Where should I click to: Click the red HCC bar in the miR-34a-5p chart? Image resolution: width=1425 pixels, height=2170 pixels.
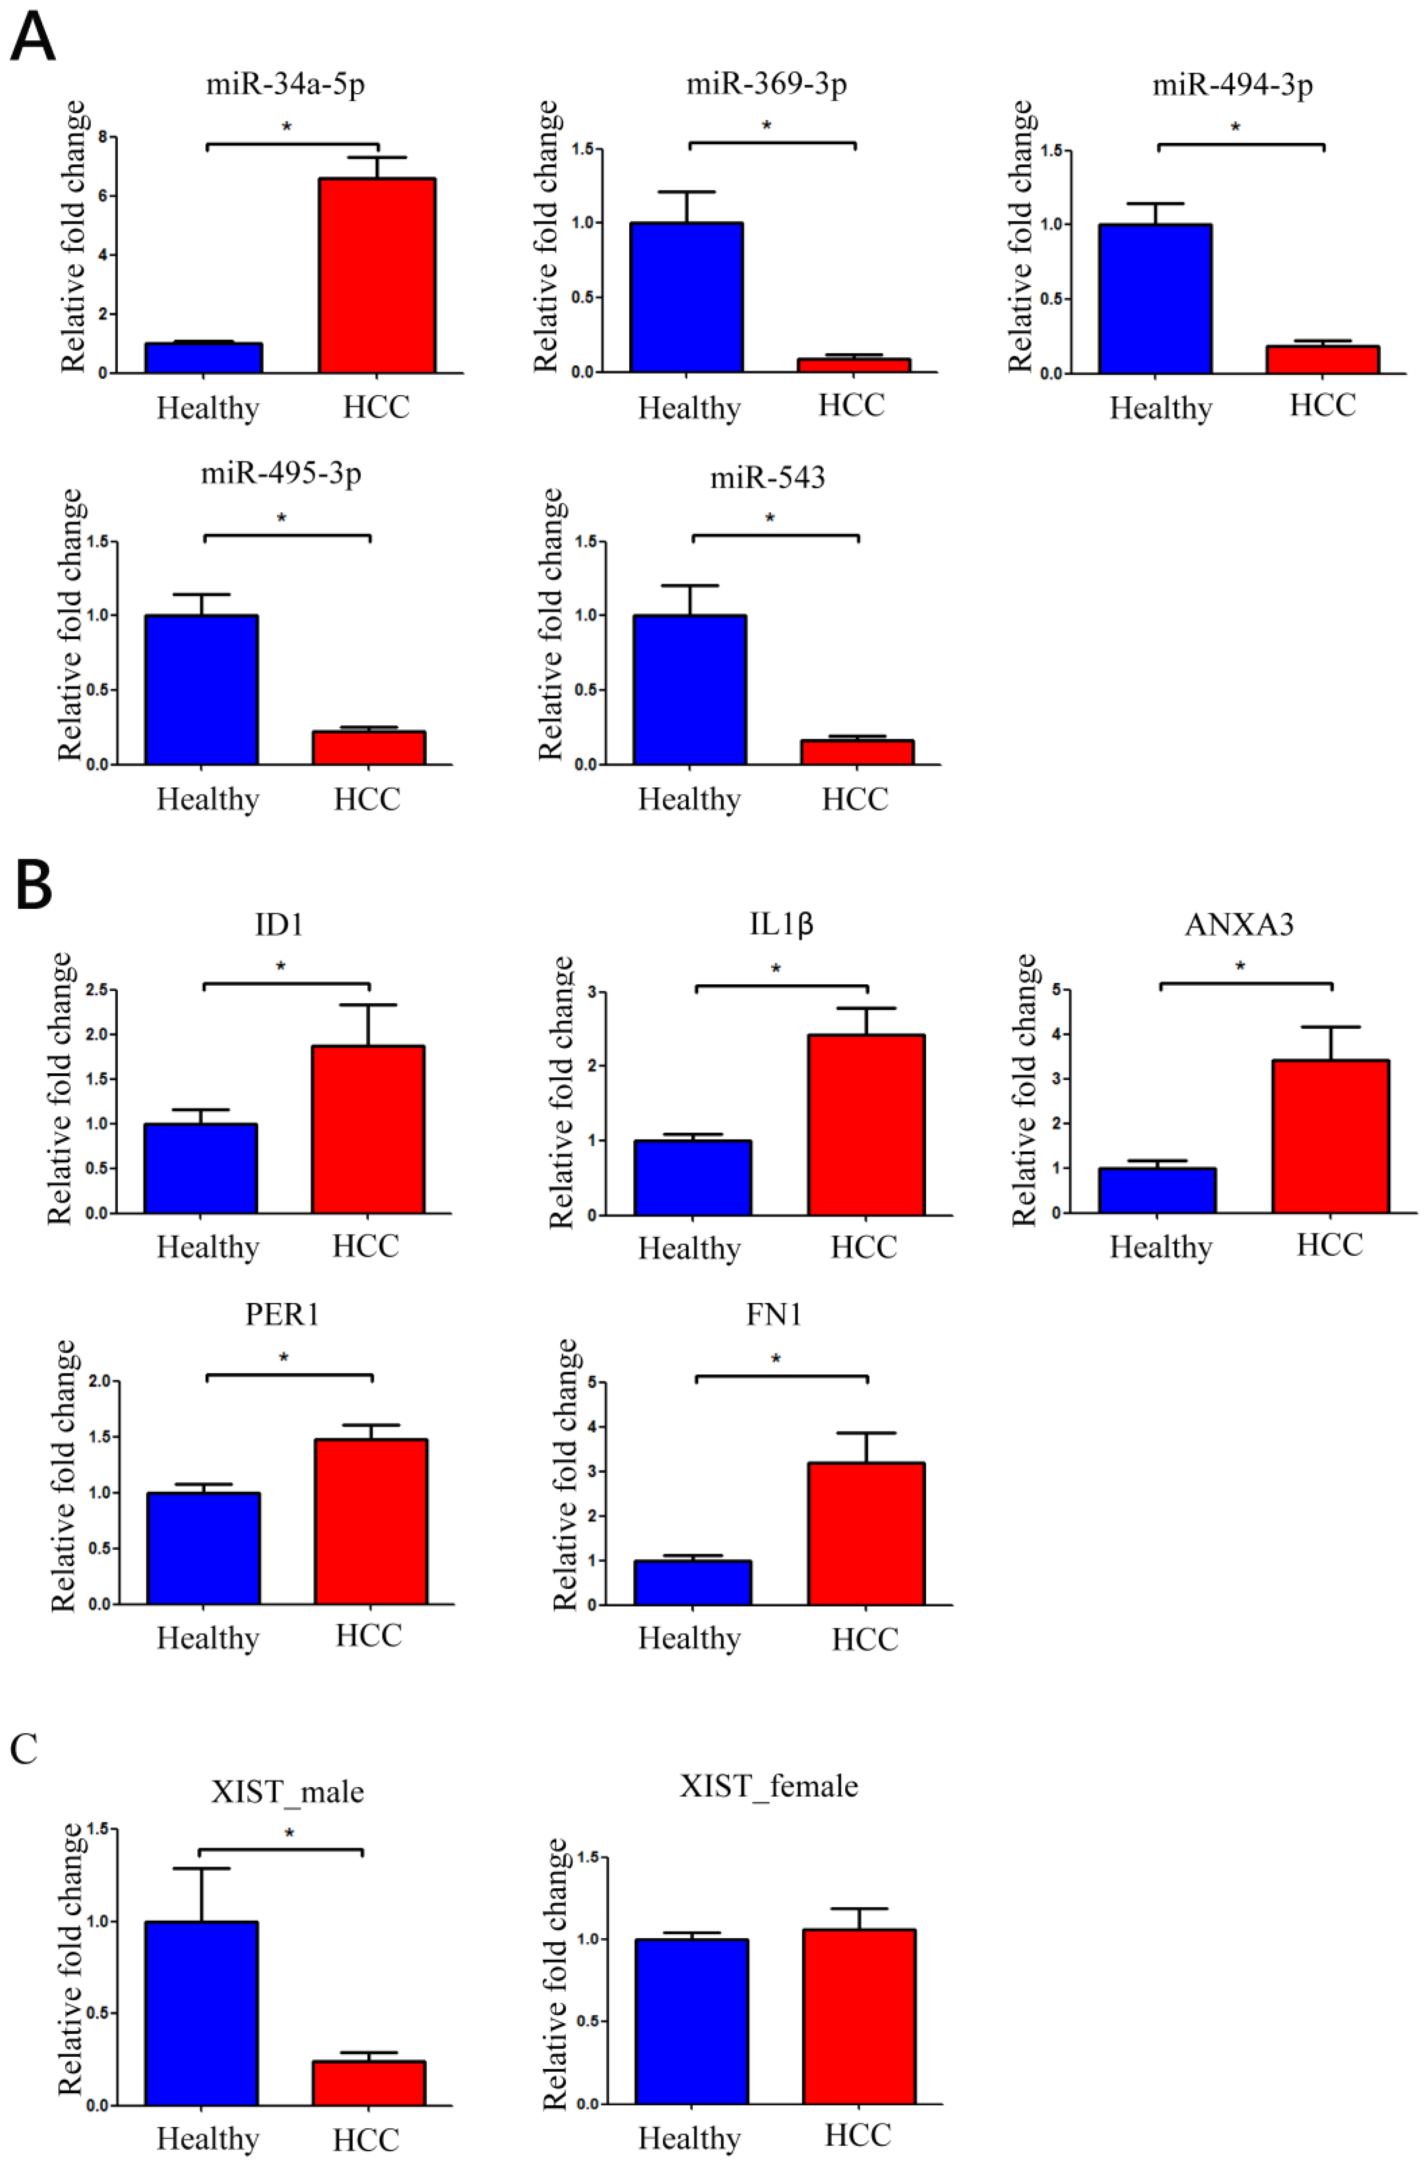[377, 275]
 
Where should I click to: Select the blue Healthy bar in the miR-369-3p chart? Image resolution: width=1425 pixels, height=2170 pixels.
[688, 297]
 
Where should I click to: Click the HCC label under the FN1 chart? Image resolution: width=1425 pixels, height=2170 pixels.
[864, 1639]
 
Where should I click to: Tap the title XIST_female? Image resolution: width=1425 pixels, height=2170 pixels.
[768, 1785]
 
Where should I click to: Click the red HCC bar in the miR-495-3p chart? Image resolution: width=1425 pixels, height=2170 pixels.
[368, 748]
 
